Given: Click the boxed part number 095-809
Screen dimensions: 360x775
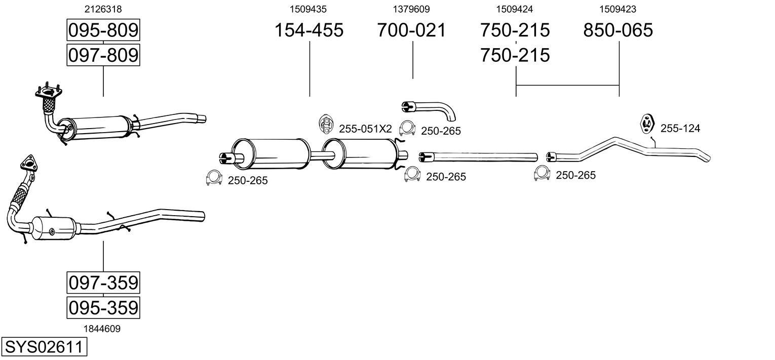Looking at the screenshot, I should pyautogui.click(x=103, y=31).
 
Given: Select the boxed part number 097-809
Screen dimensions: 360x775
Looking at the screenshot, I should pyautogui.click(x=103, y=55).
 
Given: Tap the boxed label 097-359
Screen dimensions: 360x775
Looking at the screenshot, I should pyautogui.click(x=103, y=283).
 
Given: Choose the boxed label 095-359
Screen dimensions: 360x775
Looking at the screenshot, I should pyautogui.click(x=103, y=307).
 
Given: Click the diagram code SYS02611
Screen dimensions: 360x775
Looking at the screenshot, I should pyautogui.click(x=44, y=347).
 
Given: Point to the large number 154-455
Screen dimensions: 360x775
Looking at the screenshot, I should pyautogui.click(x=308, y=30).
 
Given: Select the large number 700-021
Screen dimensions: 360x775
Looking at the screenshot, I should pyautogui.click(x=411, y=30).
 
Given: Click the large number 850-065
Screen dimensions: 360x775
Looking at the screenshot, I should pyautogui.click(x=618, y=30).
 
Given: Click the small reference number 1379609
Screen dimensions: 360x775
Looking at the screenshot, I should pyautogui.click(x=411, y=9).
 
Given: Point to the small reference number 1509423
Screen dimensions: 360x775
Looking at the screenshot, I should pyautogui.click(x=618, y=9).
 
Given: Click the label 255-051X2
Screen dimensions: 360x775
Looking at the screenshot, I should pyautogui.click(x=365, y=129).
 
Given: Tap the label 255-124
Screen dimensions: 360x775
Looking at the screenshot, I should pyautogui.click(x=680, y=129).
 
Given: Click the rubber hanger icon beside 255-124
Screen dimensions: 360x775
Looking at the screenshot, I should pyautogui.click(x=647, y=124).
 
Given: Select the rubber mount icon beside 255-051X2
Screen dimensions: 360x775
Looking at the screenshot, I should pyautogui.click(x=326, y=124).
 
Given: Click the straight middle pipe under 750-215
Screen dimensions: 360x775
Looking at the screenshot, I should pyautogui.click(x=479, y=156).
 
